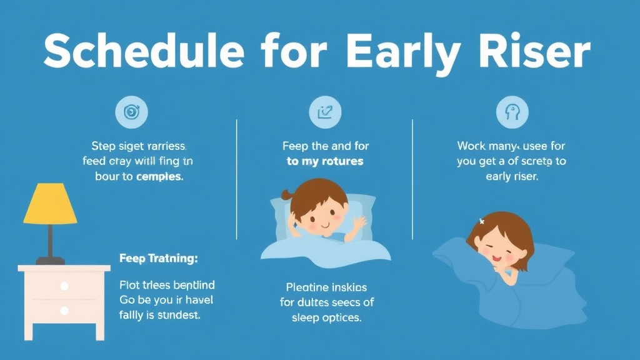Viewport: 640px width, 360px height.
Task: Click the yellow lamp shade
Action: click(x=50, y=204)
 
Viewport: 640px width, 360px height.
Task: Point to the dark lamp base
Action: click(x=50, y=259)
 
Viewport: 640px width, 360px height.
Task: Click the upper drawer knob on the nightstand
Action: click(x=64, y=286)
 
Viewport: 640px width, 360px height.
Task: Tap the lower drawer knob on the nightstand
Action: click(x=64, y=310)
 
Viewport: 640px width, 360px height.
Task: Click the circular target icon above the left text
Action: click(x=132, y=112)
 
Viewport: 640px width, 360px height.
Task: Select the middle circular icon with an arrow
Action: click(x=325, y=112)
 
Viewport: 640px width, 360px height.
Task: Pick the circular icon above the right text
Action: click(x=512, y=112)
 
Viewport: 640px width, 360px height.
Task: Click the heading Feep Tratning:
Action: click(x=158, y=257)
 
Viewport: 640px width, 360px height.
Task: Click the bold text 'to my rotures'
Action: click(x=325, y=161)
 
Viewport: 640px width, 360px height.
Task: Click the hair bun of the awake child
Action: click(x=287, y=195)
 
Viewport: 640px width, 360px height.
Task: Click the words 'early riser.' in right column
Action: click(x=512, y=176)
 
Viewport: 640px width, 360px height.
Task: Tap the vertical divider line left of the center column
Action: click(x=236, y=178)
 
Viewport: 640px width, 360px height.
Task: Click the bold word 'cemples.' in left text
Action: click(x=159, y=176)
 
